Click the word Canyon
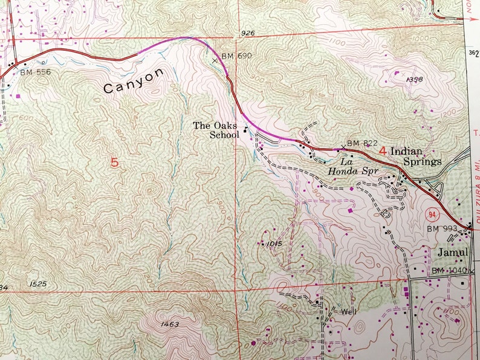134,80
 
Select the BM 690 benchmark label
236,56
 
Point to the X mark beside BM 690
215,60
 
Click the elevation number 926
247,33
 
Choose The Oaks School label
216,130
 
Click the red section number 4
382,151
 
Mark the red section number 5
115,162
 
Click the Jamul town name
453,251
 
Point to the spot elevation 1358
414,79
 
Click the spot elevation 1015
273,243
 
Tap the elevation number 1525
37,283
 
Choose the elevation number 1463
170,324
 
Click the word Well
348,312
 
